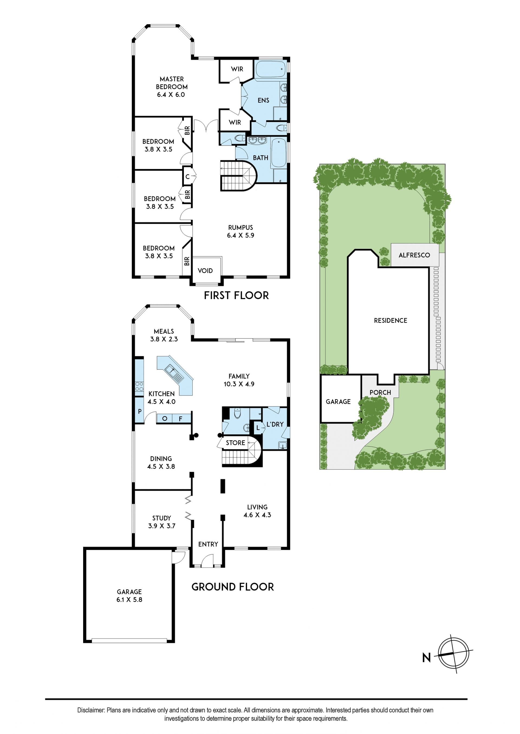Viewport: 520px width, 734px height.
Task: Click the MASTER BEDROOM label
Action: (172, 83)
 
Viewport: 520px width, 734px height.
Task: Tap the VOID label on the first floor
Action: (205, 271)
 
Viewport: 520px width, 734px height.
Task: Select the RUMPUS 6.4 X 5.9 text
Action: (240, 231)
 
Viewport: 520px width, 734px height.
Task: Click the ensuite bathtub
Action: (270, 69)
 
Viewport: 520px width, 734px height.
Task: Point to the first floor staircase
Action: (239, 176)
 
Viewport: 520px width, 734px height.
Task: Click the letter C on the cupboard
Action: (188, 176)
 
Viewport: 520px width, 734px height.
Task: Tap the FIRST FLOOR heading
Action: (236, 295)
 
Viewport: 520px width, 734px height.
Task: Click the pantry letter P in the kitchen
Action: (139, 411)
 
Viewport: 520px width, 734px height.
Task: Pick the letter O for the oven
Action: (165, 418)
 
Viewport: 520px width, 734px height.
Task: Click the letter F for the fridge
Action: (181, 418)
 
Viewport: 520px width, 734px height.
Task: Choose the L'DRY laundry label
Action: (275, 424)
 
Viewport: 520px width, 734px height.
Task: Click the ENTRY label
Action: (208, 544)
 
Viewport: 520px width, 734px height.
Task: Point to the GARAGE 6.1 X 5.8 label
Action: (129, 596)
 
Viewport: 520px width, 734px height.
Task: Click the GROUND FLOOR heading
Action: (233, 587)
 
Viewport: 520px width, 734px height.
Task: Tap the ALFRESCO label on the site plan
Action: (414, 255)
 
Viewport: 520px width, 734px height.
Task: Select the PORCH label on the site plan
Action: (381, 392)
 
